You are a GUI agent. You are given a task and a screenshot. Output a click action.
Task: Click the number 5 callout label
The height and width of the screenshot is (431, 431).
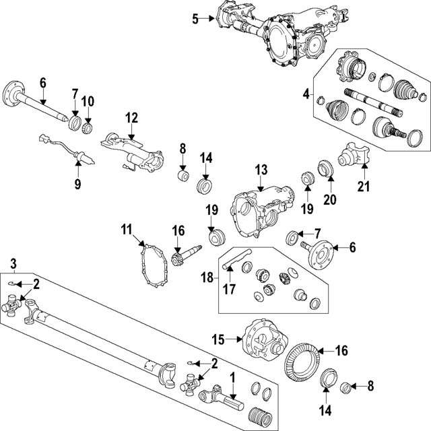click(195, 19)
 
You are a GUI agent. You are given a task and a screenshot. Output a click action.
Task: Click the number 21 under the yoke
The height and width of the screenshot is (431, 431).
click(364, 186)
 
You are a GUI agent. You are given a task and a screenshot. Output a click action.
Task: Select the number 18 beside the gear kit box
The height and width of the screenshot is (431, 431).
click(206, 276)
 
